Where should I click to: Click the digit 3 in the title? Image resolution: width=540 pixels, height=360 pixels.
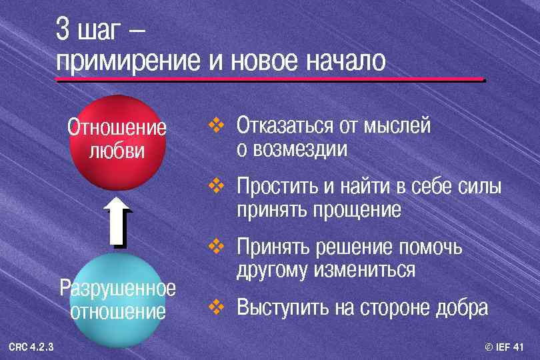coord(63,29)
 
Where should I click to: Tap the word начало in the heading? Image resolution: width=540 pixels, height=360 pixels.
coord(345,61)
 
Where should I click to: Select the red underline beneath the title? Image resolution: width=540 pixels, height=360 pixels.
coord(270,80)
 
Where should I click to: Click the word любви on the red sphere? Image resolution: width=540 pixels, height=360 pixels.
coord(117,150)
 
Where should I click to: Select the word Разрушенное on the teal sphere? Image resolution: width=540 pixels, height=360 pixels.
coord(117,288)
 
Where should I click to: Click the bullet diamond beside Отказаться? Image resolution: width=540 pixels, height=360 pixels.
coord(217,125)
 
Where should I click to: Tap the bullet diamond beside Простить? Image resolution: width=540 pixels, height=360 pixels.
coord(217,185)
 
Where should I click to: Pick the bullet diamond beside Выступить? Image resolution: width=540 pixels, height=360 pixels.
coord(217,307)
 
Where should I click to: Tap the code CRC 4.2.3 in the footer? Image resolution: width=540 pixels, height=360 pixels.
coord(31,347)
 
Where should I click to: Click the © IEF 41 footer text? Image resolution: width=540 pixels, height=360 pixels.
coord(505,347)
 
